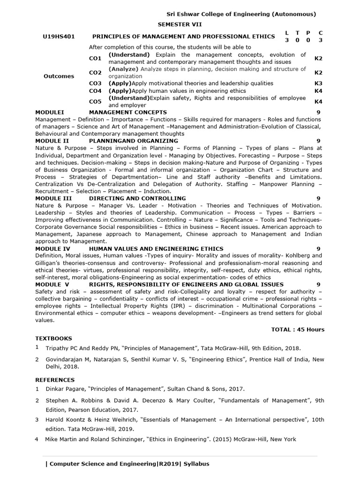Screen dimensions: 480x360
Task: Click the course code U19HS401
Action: pos(59,37)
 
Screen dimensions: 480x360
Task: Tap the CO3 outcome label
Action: pos(95,83)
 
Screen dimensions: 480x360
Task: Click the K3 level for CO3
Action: pos(318,83)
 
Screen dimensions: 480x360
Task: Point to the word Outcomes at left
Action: pos(59,76)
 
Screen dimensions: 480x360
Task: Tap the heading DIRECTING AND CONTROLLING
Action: pos(137,198)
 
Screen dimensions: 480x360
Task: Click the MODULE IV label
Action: pos(52,248)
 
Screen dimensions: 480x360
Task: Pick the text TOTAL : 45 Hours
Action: pos(298,330)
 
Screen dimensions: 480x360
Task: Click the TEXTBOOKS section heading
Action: pos(53,338)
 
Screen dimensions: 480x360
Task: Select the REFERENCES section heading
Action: pos(54,380)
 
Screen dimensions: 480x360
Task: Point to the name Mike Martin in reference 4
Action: pos(61,439)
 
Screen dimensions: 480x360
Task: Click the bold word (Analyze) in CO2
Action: pos(123,69)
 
